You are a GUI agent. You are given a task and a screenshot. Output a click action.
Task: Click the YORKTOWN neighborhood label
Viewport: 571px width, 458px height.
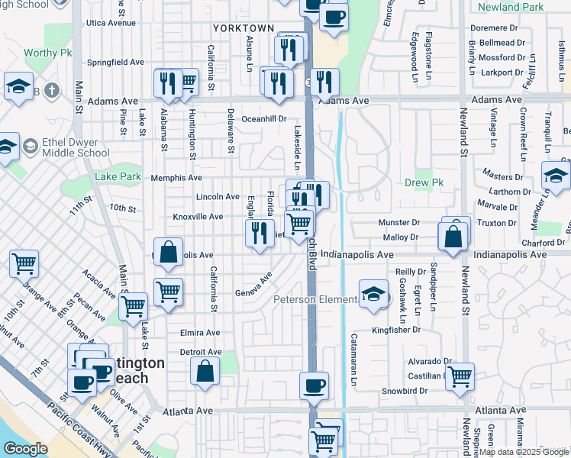click(243, 28)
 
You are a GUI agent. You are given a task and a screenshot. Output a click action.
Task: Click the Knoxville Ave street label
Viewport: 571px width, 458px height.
click(198, 217)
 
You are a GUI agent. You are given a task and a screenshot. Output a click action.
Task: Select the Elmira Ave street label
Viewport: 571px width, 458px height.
click(200, 333)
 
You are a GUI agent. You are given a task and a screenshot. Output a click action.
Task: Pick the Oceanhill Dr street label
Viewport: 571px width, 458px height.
click(263, 119)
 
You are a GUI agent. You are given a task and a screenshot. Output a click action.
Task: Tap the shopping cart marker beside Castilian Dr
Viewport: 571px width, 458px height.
click(460, 376)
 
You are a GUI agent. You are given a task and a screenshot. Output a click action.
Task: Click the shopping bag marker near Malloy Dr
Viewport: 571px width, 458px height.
click(453, 237)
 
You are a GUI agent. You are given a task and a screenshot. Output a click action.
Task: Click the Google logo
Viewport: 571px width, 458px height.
click(25, 449)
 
